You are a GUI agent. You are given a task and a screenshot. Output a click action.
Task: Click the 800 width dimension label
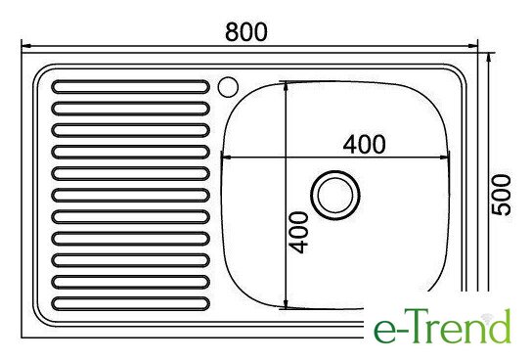coord(246,32)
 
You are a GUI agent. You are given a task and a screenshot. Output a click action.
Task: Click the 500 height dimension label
coord(501,195)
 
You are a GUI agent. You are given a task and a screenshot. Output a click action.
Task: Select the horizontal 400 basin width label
coord(364,144)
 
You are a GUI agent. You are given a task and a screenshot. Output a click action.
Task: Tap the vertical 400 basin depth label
coord(298,233)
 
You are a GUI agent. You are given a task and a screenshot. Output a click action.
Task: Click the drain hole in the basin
coord(334,195)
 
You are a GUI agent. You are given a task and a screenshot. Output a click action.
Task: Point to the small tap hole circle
coord(228,87)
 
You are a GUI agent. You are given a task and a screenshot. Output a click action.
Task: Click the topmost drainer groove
coord(130,87)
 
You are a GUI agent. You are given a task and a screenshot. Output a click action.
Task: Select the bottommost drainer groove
coord(130,303)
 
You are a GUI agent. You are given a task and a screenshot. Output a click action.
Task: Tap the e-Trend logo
coord(442,326)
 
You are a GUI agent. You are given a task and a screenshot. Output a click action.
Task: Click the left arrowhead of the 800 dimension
coord(26,46)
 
